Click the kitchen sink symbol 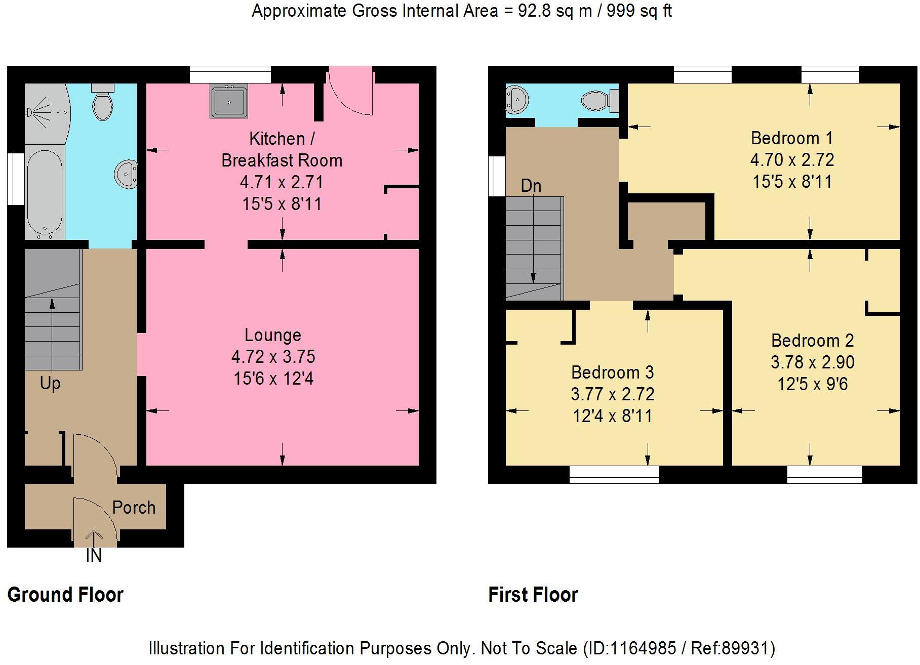[229, 102]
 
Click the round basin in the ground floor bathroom [126, 174]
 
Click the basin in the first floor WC [517, 99]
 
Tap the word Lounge [273, 335]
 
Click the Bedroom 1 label [792, 138]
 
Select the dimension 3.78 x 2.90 [812, 362]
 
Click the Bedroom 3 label [612, 372]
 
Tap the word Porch [134, 508]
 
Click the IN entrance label [94, 556]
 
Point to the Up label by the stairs [50, 384]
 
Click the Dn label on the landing [531, 186]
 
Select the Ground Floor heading [65, 595]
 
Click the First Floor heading [533, 595]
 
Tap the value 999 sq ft [639, 11]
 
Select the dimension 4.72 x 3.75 [273, 357]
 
